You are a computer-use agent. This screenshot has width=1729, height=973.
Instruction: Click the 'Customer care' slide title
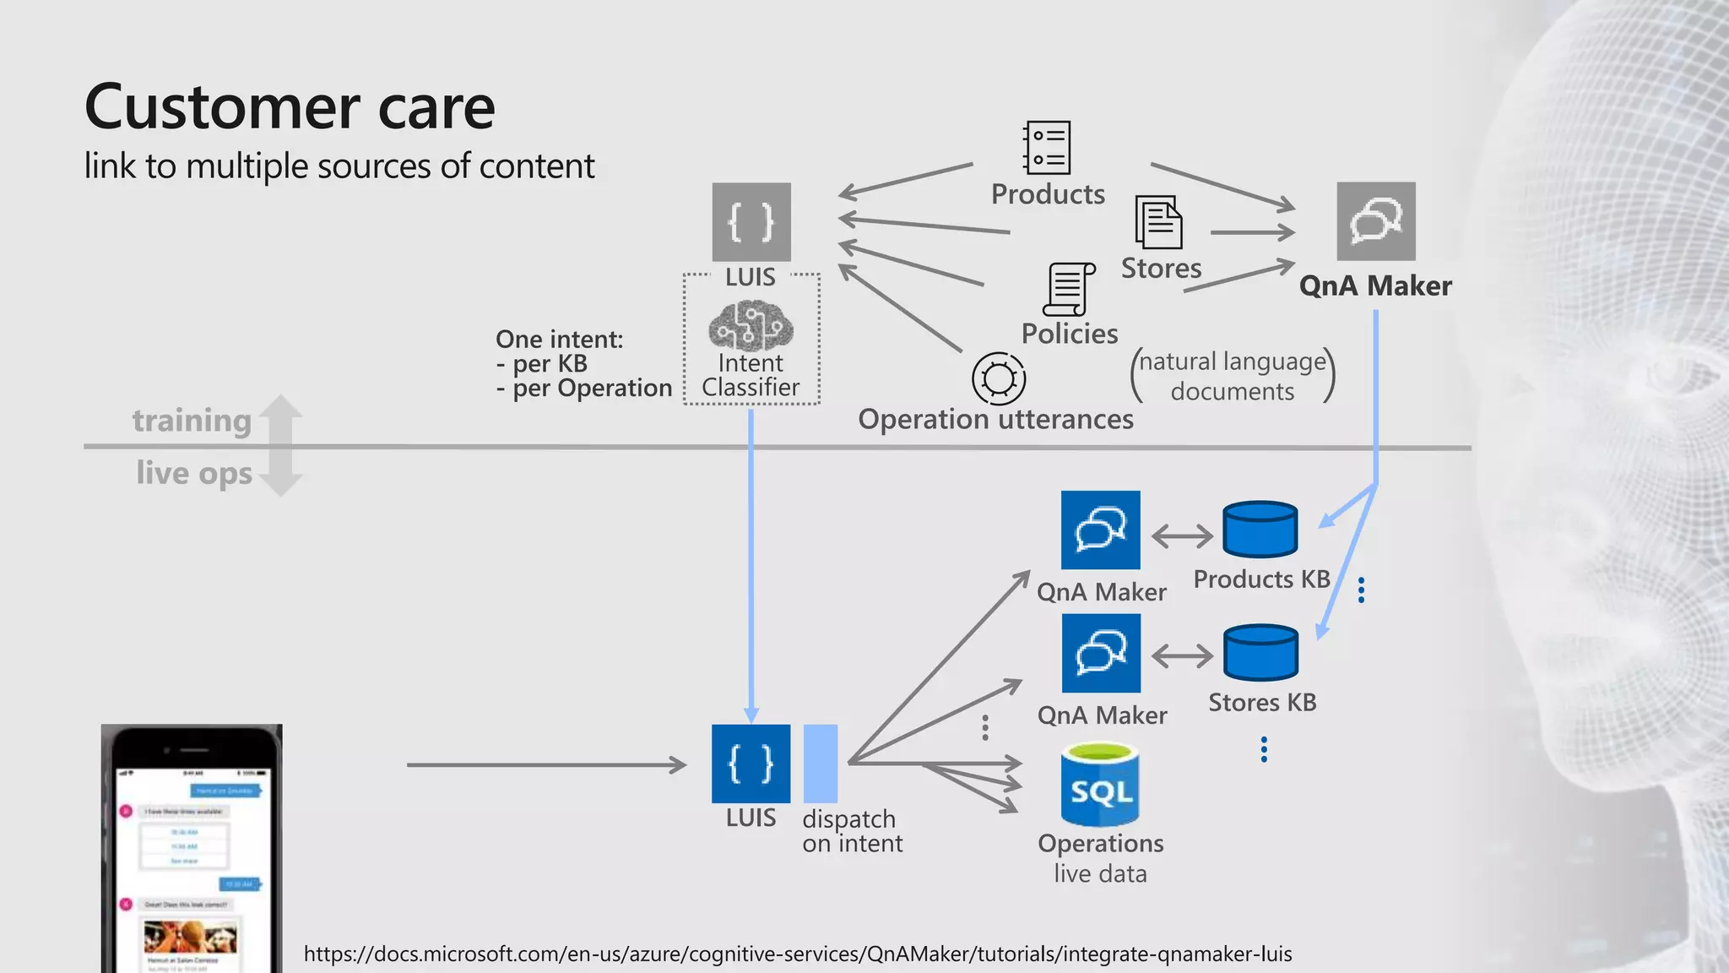click(x=290, y=107)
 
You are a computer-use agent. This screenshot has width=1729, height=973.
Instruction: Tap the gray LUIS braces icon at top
click(x=751, y=222)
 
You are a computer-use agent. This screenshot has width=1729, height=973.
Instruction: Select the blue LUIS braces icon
click(x=751, y=764)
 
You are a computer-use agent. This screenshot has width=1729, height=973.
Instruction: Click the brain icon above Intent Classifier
click(x=751, y=326)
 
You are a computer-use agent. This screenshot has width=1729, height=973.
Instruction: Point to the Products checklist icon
click(x=1047, y=148)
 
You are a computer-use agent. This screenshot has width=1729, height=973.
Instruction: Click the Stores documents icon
click(x=1158, y=223)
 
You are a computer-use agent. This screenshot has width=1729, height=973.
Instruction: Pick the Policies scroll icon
click(x=1069, y=289)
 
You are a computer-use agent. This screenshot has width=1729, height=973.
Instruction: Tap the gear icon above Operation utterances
click(x=999, y=378)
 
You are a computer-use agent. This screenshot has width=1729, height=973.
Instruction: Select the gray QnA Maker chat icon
click(x=1375, y=221)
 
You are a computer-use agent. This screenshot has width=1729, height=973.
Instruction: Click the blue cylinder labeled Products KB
click(x=1260, y=530)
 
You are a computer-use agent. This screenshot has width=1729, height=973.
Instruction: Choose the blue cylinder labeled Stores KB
click(x=1260, y=653)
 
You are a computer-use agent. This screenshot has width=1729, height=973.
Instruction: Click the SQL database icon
click(x=1100, y=785)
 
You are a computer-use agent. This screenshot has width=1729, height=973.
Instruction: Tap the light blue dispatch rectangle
click(x=820, y=764)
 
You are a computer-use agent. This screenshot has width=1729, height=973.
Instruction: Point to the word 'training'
click(x=192, y=421)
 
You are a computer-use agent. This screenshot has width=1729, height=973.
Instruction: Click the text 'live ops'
click(x=194, y=473)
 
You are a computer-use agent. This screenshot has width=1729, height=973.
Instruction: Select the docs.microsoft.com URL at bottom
click(x=797, y=954)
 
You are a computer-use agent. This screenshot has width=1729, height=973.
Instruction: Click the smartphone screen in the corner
click(x=191, y=862)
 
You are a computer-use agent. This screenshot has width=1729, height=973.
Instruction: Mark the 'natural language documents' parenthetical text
click(x=1232, y=376)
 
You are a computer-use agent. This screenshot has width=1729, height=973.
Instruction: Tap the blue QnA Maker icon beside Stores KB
click(x=1101, y=653)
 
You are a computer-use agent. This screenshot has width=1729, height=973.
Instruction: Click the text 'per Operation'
click(x=592, y=389)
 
